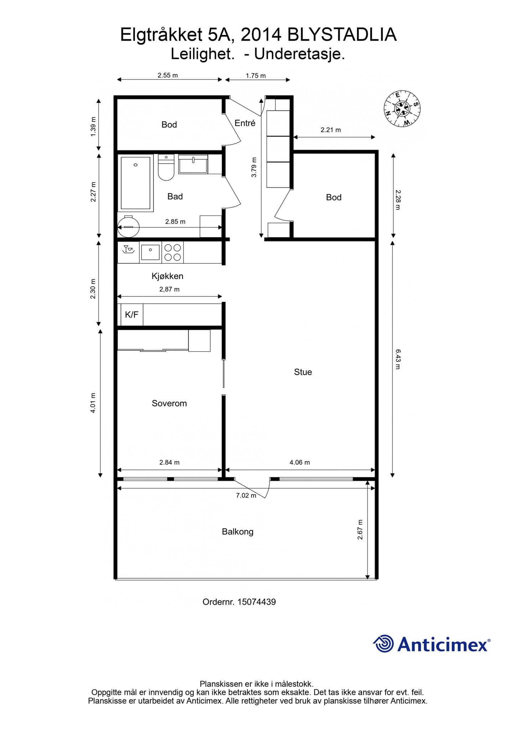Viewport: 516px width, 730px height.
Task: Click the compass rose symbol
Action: click(x=402, y=108)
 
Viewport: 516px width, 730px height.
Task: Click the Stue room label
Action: click(x=303, y=372)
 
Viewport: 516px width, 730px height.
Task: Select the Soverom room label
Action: click(x=169, y=403)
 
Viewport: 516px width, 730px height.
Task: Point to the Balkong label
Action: click(x=238, y=532)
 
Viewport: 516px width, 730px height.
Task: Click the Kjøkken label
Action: click(x=167, y=276)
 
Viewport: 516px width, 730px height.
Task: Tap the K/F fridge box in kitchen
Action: click(x=132, y=315)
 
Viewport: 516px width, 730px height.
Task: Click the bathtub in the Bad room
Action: click(x=135, y=183)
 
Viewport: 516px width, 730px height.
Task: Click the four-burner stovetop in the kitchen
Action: click(x=172, y=252)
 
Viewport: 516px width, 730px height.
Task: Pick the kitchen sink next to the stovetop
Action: click(x=150, y=252)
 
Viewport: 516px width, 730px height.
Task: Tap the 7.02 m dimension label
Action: click(x=246, y=495)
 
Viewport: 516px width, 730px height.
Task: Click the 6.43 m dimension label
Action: click(x=398, y=359)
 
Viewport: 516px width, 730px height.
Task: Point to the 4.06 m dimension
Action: click(x=300, y=462)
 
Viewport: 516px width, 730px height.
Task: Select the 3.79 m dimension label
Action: click(x=254, y=167)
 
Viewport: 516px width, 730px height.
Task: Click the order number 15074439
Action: click(x=257, y=602)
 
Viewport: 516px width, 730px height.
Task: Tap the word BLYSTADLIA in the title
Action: click(x=342, y=35)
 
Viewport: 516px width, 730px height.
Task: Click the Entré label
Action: click(x=245, y=123)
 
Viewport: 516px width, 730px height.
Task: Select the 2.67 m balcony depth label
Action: click(x=360, y=529)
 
